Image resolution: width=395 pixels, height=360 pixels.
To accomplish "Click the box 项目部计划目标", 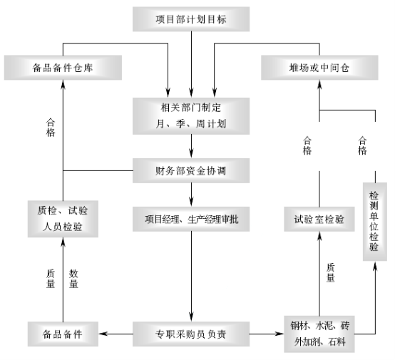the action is pyautogui.click(x=191, y=19).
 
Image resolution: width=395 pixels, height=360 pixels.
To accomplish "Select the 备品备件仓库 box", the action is pyautogui.click(x=63, y=68).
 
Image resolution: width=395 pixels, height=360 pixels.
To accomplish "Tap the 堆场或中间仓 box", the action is pyautogui.click(x=319, y=68).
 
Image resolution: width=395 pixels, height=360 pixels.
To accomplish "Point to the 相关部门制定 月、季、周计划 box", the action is pyautogui.click(x=191, y=116).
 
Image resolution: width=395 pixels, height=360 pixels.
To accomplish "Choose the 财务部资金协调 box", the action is pyautogui.click(x=191, y=170).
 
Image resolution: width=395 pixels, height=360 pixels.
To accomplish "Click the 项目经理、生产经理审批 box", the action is pyautogui.click(x=191, y=219).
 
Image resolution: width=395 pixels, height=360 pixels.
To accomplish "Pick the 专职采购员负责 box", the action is pyautogui.click(x=191, y=334).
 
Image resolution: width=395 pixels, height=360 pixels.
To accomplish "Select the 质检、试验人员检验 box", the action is pyautogui.click(x=63, y=219).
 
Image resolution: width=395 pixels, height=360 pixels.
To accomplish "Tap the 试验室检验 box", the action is pyautogui.click(x=319, y=219).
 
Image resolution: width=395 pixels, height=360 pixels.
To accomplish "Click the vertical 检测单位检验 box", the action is pyautogui.click(x=375, y=222).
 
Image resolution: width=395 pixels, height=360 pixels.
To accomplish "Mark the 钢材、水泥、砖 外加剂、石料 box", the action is pyautogui.click(x=319, y=334).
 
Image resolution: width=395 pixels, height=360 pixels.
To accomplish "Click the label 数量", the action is pyautogui.click(x=73, y=279).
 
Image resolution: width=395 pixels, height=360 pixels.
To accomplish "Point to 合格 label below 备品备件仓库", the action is pyautogui.click(x=51, y=128).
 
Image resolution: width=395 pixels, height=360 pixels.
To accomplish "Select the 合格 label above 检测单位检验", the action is pyautogui.click(x=362, y=145).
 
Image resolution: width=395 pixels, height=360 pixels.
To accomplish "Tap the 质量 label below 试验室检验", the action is pyautogui.click(x=331, y=273).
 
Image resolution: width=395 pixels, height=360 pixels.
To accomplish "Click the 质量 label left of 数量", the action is pyautogui.click(x=51, y=279).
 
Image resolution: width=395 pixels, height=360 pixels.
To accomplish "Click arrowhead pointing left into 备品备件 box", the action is pyautogui.click(x=103, y=334).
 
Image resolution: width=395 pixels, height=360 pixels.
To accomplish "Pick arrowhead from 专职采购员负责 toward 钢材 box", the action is pyautogui.click(x=279, y=334).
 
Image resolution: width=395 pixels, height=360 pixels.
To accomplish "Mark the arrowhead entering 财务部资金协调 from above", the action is pyautogui.click(x=191, y=153).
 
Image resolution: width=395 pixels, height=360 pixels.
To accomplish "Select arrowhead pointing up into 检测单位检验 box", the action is pyautogui.click(x=375, y=266).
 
